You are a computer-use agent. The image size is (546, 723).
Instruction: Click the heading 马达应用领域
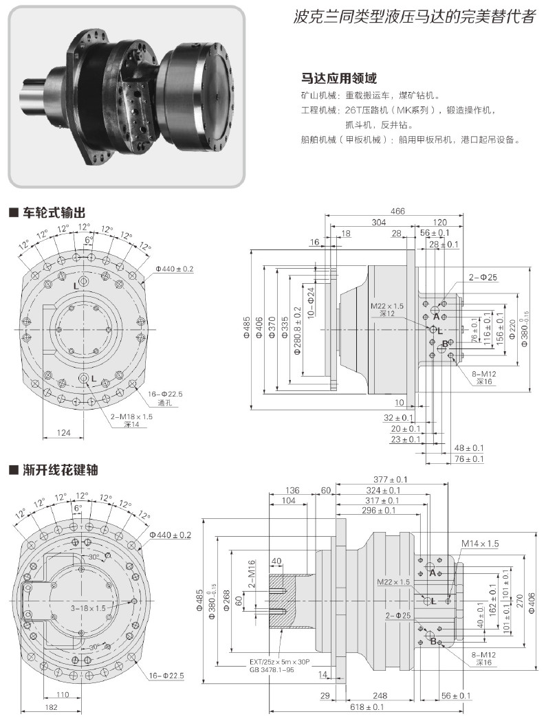339,78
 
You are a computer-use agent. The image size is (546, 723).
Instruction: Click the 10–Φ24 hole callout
310,303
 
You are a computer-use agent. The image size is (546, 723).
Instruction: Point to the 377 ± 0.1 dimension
391,479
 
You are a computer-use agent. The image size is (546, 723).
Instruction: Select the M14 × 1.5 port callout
479,544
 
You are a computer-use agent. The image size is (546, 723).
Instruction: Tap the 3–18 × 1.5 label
89,608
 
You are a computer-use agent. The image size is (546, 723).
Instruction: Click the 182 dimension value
51,707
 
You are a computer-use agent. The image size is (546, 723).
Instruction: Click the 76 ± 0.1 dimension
470,459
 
